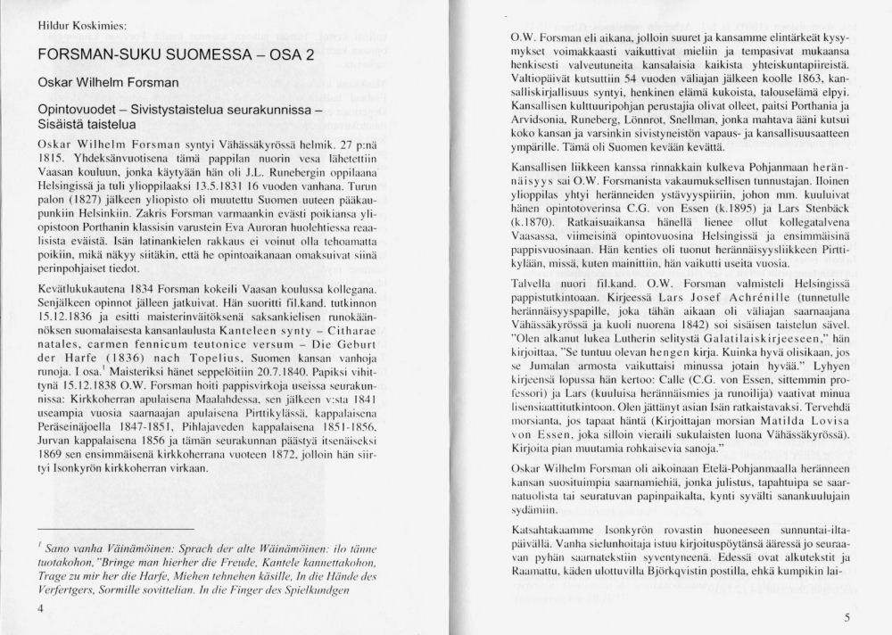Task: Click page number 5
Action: (x=848, y=617)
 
